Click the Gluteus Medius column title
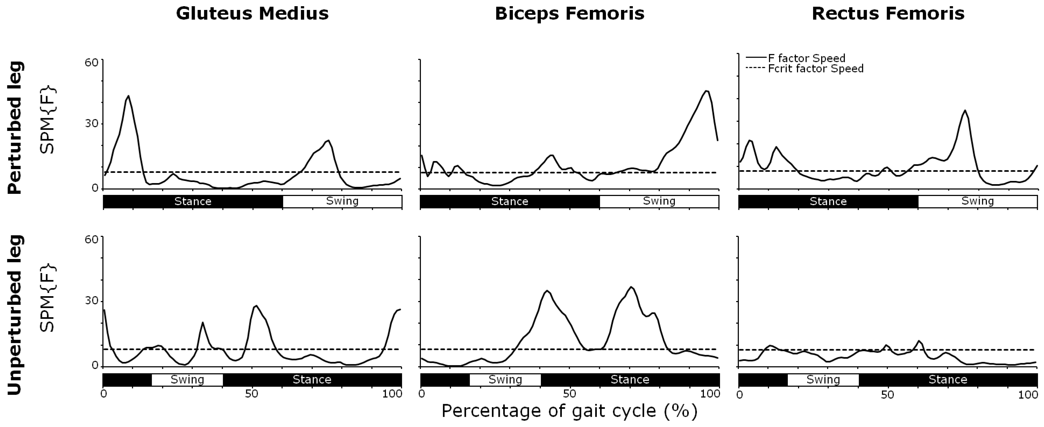point(252,13)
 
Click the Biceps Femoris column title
point(569,13)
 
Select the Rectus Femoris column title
point(888,13)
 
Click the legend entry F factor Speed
point(806,58)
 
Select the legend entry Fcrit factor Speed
point(815,69)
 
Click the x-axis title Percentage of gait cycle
point(569,411)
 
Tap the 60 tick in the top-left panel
point(91,62)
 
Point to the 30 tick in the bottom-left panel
point(91,301)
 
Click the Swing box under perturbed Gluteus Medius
point(342,201)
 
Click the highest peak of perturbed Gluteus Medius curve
point(128,96)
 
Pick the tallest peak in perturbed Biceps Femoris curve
point(706,91)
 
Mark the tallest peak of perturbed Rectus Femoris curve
point(965,110)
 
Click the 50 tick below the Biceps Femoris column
point(569,394)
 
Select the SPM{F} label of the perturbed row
point(47,120)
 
